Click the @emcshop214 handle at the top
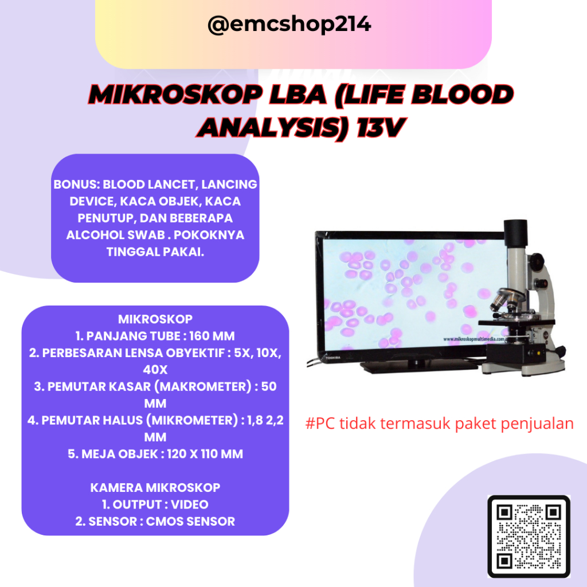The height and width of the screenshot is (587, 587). coord(289,25)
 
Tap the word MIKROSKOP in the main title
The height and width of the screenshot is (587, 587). coord(176,95)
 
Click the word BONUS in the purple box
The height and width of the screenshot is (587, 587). coord(76,185)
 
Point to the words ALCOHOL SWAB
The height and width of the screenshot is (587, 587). coord(116,235)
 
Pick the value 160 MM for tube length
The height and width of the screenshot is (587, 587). coord(212,336)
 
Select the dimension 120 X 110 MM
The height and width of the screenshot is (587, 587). coord(205,454)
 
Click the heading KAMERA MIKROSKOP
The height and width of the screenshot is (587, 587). coord(155,488)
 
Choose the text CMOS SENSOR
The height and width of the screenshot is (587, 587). coord(190,522)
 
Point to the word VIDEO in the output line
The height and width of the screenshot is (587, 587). coord(189,504)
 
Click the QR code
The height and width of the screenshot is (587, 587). coord(529,537)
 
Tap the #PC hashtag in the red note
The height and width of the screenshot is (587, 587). coord(320,424)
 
